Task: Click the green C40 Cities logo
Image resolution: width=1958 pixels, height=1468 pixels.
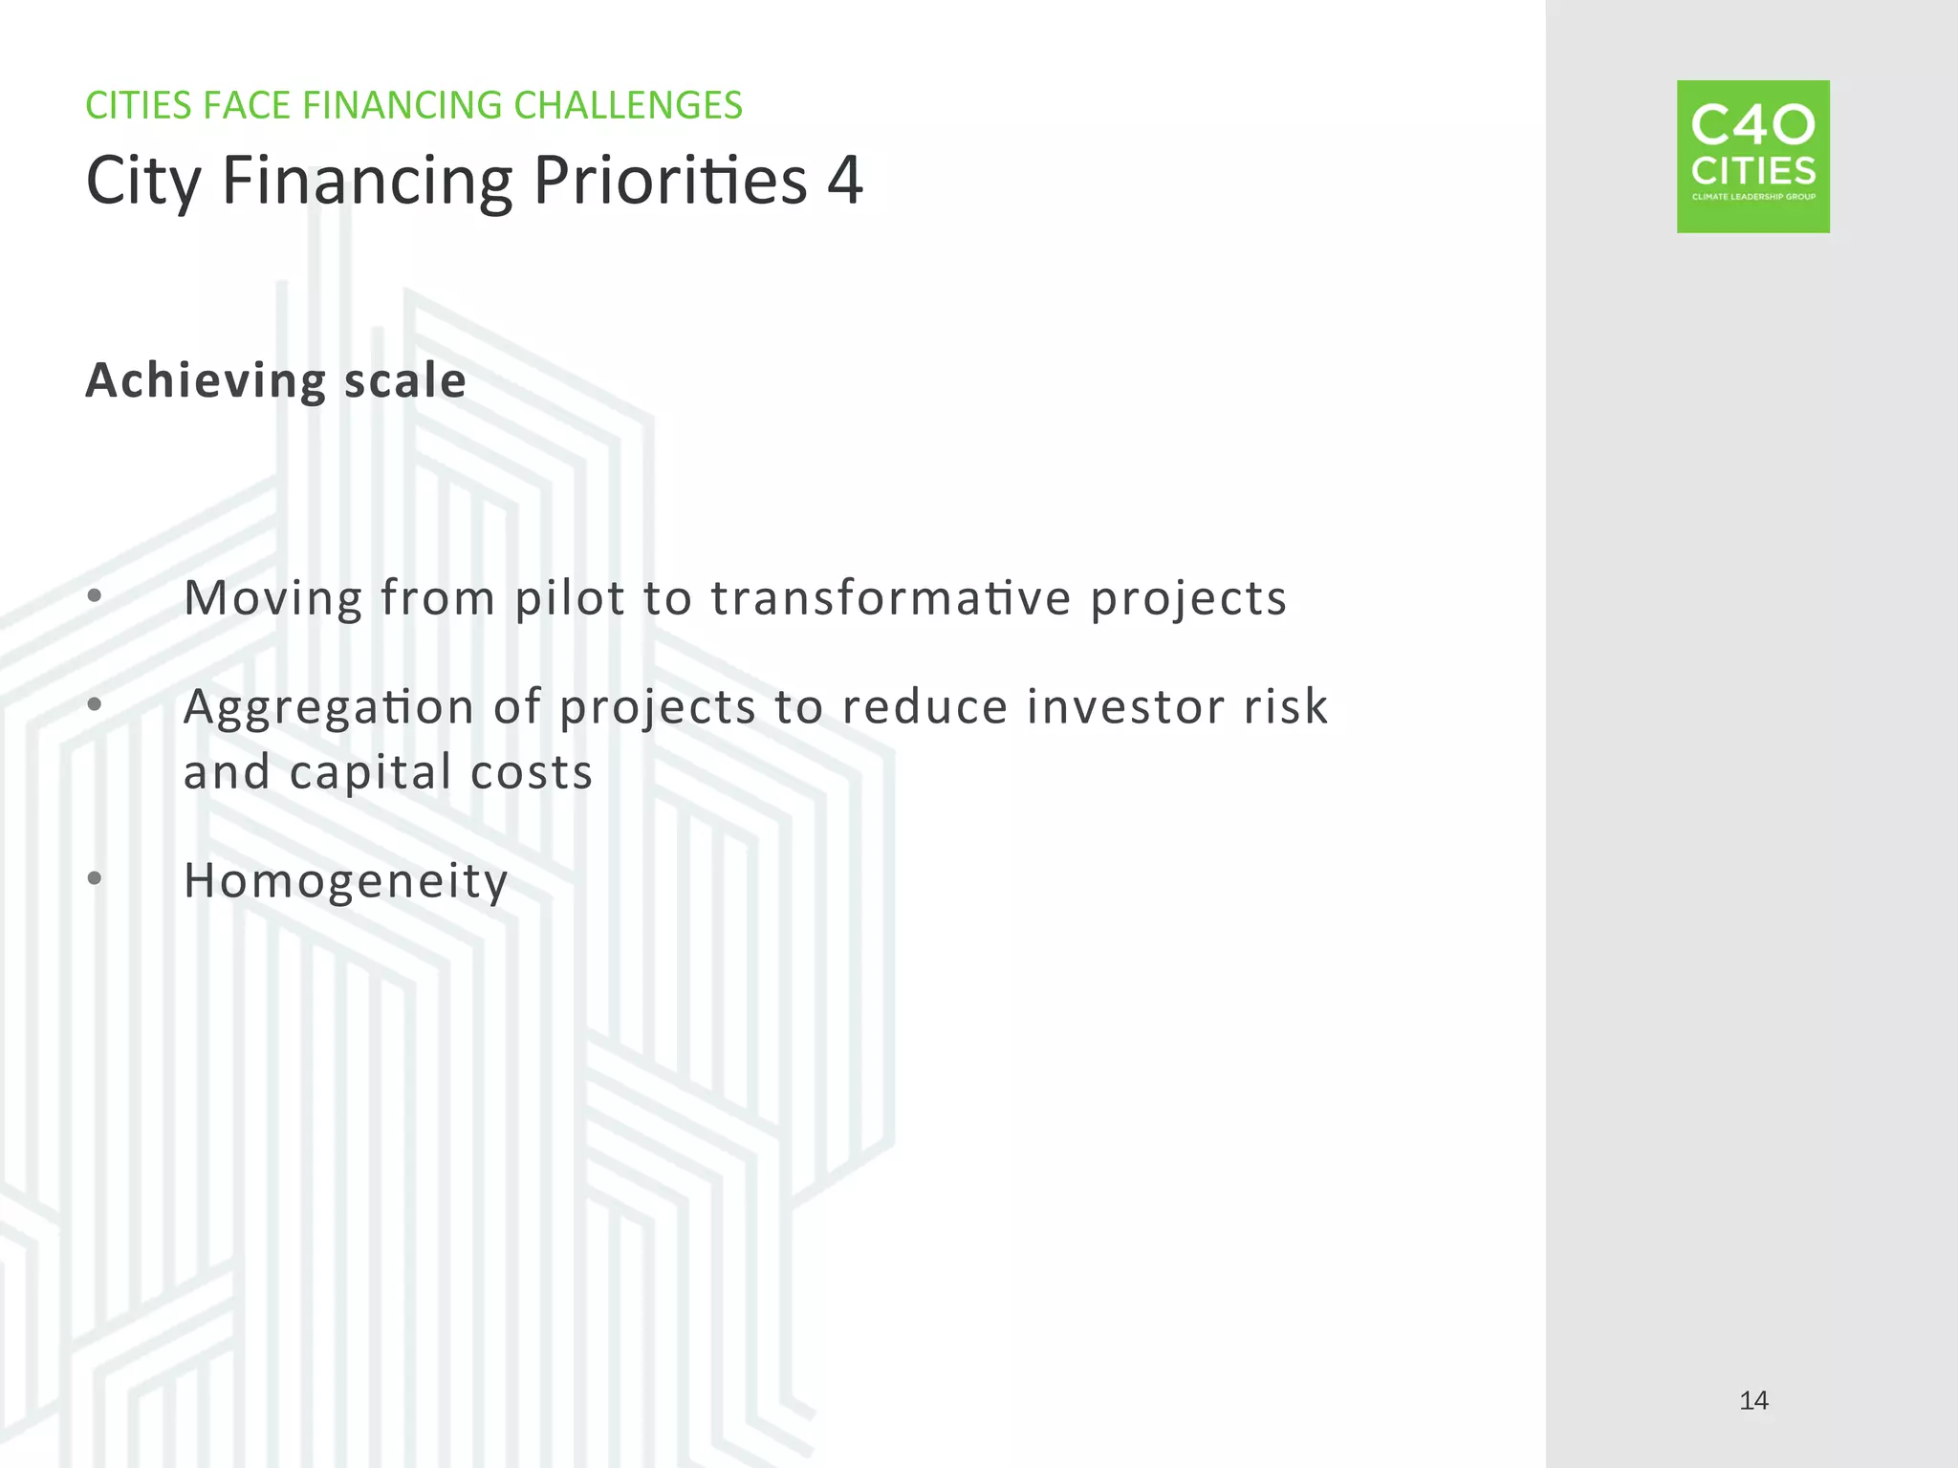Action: [1752, 157]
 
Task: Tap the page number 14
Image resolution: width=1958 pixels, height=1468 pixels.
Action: [1753, 1401]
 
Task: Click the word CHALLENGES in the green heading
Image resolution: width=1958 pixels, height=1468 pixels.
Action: [627, 105]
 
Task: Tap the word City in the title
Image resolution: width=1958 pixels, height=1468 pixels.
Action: [143, 182]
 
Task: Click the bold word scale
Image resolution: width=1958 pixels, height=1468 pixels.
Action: [405, 380]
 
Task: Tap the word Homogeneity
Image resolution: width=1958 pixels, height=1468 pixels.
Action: [346, 881]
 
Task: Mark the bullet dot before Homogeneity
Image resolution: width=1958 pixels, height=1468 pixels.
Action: [94, 877]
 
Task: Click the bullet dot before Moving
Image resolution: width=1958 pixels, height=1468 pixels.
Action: [94, 596]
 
